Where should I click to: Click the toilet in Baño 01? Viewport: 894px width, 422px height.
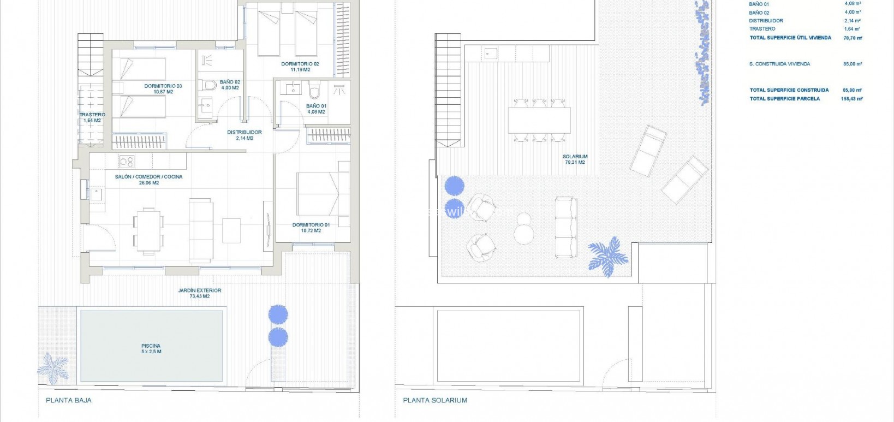[x=315, y=91]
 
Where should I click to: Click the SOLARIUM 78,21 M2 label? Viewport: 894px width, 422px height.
[x=575, y=159]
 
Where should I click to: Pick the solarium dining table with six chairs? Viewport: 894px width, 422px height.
[x=539, y=120]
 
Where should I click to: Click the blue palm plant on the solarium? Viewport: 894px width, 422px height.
[x=607, y=255]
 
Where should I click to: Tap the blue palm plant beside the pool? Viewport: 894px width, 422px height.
[x=53, y=368]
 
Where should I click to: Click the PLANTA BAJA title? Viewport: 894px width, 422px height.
[x=69, y=400]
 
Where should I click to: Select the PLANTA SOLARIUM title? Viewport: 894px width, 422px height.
[x=435, y=400]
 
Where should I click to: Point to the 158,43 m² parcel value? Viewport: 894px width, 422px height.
[x=851, y=99]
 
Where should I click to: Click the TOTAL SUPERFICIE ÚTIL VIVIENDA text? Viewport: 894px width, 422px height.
[x=790, y=38]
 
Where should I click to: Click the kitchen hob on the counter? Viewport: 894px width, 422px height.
[x=127, y=161]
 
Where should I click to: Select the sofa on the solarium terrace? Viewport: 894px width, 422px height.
[x=565, y=227]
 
